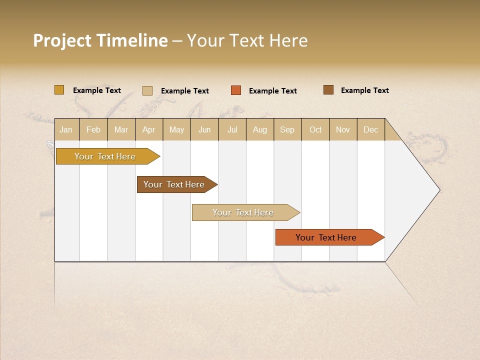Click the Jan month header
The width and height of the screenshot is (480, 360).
click(x=66, y=129)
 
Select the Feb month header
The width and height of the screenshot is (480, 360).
click(x=93, y=129)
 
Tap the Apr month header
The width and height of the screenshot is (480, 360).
click(x=148, y=129)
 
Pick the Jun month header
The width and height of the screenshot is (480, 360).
click(x=204, y=129)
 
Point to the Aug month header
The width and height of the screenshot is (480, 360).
click(x=259, y=129)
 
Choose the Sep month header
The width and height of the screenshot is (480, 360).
click(x=287, y=129)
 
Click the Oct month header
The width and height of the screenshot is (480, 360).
click(x=315, y=129)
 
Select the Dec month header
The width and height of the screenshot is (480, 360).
click(x=370, y=129)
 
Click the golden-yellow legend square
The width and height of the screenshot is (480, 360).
click(x=59, y=90)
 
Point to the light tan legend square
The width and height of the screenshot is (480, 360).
click(x=147, y=90)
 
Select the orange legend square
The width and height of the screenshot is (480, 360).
click(x=236, y=90)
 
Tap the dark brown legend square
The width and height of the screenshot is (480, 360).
click(x=328, y=90)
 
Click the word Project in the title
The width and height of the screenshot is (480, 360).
click(x=61, y=40)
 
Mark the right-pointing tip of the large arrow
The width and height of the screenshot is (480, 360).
click(x=439, y=190)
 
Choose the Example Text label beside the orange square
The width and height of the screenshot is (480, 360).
click(x=272, y=91)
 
